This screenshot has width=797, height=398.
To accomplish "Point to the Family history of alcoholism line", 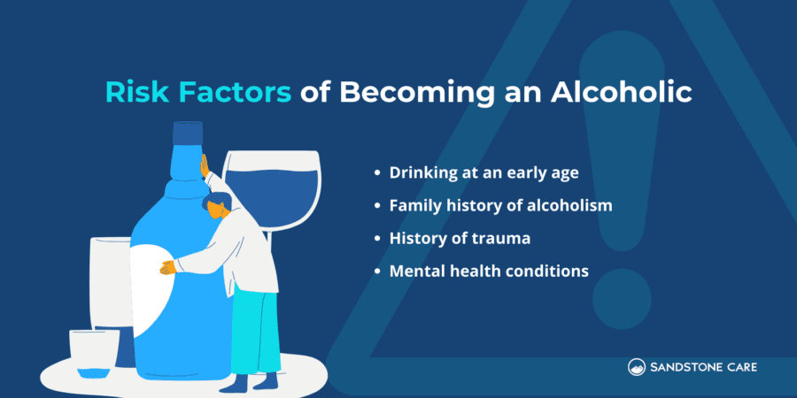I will pyautogui.click(x=501, y=205).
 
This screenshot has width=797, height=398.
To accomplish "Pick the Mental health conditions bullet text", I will pyautogui.click(x=489, y=272).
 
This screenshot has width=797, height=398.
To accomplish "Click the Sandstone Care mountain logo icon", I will pyautogui.click(x=637, y=366).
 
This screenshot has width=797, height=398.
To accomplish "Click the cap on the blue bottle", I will pyautogui.click(x=188, y=134).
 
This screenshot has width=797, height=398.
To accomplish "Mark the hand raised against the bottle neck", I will pyautogui.click(x=205, y=165).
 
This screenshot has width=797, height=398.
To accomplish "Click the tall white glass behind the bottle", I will pyautogui.click(x=108, y=283).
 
